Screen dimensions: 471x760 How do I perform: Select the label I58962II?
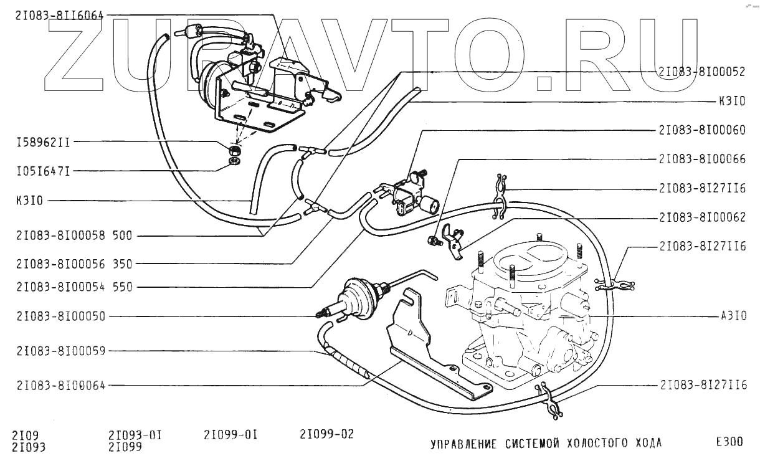43,142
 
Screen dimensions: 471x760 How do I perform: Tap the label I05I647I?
43,170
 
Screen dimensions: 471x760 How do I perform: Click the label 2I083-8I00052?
701,72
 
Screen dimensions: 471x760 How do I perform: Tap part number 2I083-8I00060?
701,131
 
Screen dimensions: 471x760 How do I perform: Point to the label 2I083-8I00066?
701,159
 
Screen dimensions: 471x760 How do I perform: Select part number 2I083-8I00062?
701,218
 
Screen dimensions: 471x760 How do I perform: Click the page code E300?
729,442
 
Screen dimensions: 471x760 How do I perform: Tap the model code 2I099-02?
326,434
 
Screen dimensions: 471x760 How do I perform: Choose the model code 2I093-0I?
135,434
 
